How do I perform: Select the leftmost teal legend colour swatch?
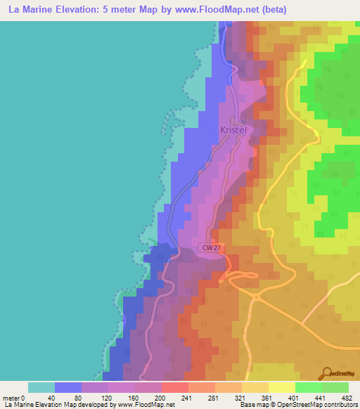point(41,387)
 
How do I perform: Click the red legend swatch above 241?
point(174,387)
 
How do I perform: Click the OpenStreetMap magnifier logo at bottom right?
point(327,372)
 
